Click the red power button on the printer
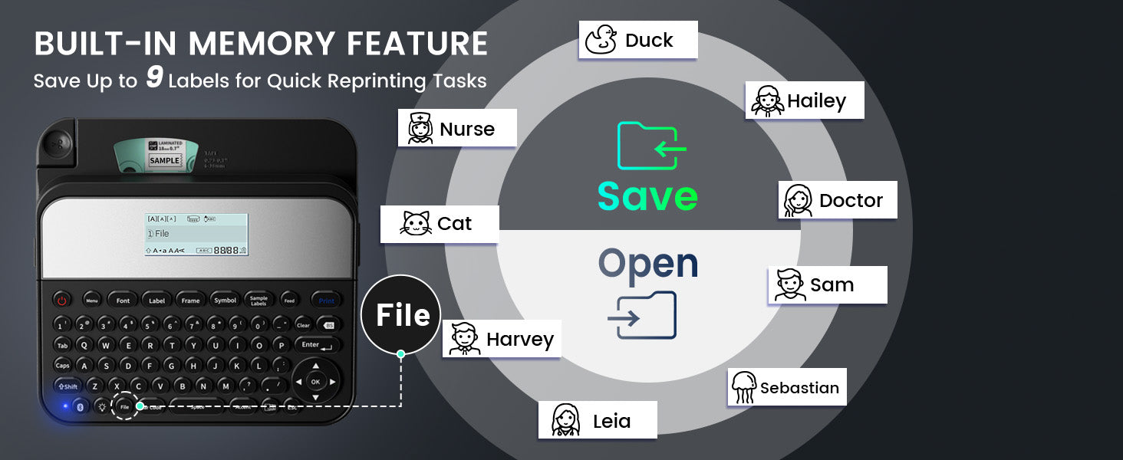(x=63, y=301)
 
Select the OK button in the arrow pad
(x=315, y=381)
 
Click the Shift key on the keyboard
(x=68, y=386)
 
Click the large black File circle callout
(x=400, y=315)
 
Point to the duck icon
(x=601, y=40)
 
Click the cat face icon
(x=416, y=224)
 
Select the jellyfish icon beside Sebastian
(x=743, y=387)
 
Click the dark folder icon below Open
(x=643, y=316)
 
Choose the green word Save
(x=647, y=196)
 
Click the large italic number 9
(x=154, y=79)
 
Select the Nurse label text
(x=467, y=129)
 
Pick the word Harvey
(x=519, y=340)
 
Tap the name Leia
(x=611, y=421)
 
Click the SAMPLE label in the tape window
(x=164, y=161)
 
